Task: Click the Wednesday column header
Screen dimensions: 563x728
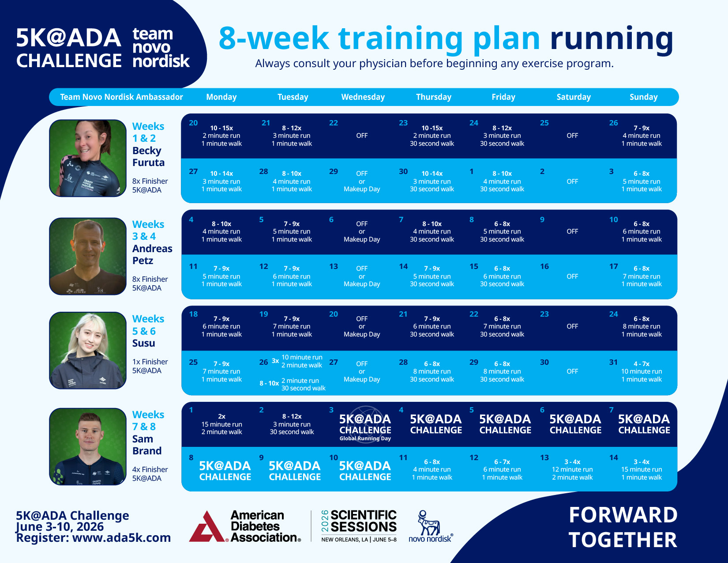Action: coord(363,97)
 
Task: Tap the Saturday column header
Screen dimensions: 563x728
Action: coord(573,97)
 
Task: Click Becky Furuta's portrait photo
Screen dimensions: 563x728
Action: coord(88,158)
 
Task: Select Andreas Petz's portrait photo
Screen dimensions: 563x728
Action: coord(88,256)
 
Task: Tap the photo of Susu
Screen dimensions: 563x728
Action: coord(88,351)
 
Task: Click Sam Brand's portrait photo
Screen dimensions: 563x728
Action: coord(88,446)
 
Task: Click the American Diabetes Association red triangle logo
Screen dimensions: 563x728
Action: coord(206,528)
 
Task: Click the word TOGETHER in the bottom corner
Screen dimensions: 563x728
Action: coord(622,540)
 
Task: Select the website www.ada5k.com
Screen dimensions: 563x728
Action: coord(121,538)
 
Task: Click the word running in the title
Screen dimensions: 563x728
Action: coord(611,39)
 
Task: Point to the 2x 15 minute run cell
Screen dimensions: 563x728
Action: coord(221,424)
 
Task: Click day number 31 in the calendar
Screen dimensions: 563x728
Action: coord(613,362)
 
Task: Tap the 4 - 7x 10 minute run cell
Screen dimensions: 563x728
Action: coord(642,371)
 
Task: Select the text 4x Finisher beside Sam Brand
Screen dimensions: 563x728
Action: coord(150,469)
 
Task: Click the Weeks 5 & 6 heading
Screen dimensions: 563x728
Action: coord(148,325)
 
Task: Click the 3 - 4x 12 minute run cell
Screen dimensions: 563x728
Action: coord(572,469)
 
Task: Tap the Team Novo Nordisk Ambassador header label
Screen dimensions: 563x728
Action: coord(121,97)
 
